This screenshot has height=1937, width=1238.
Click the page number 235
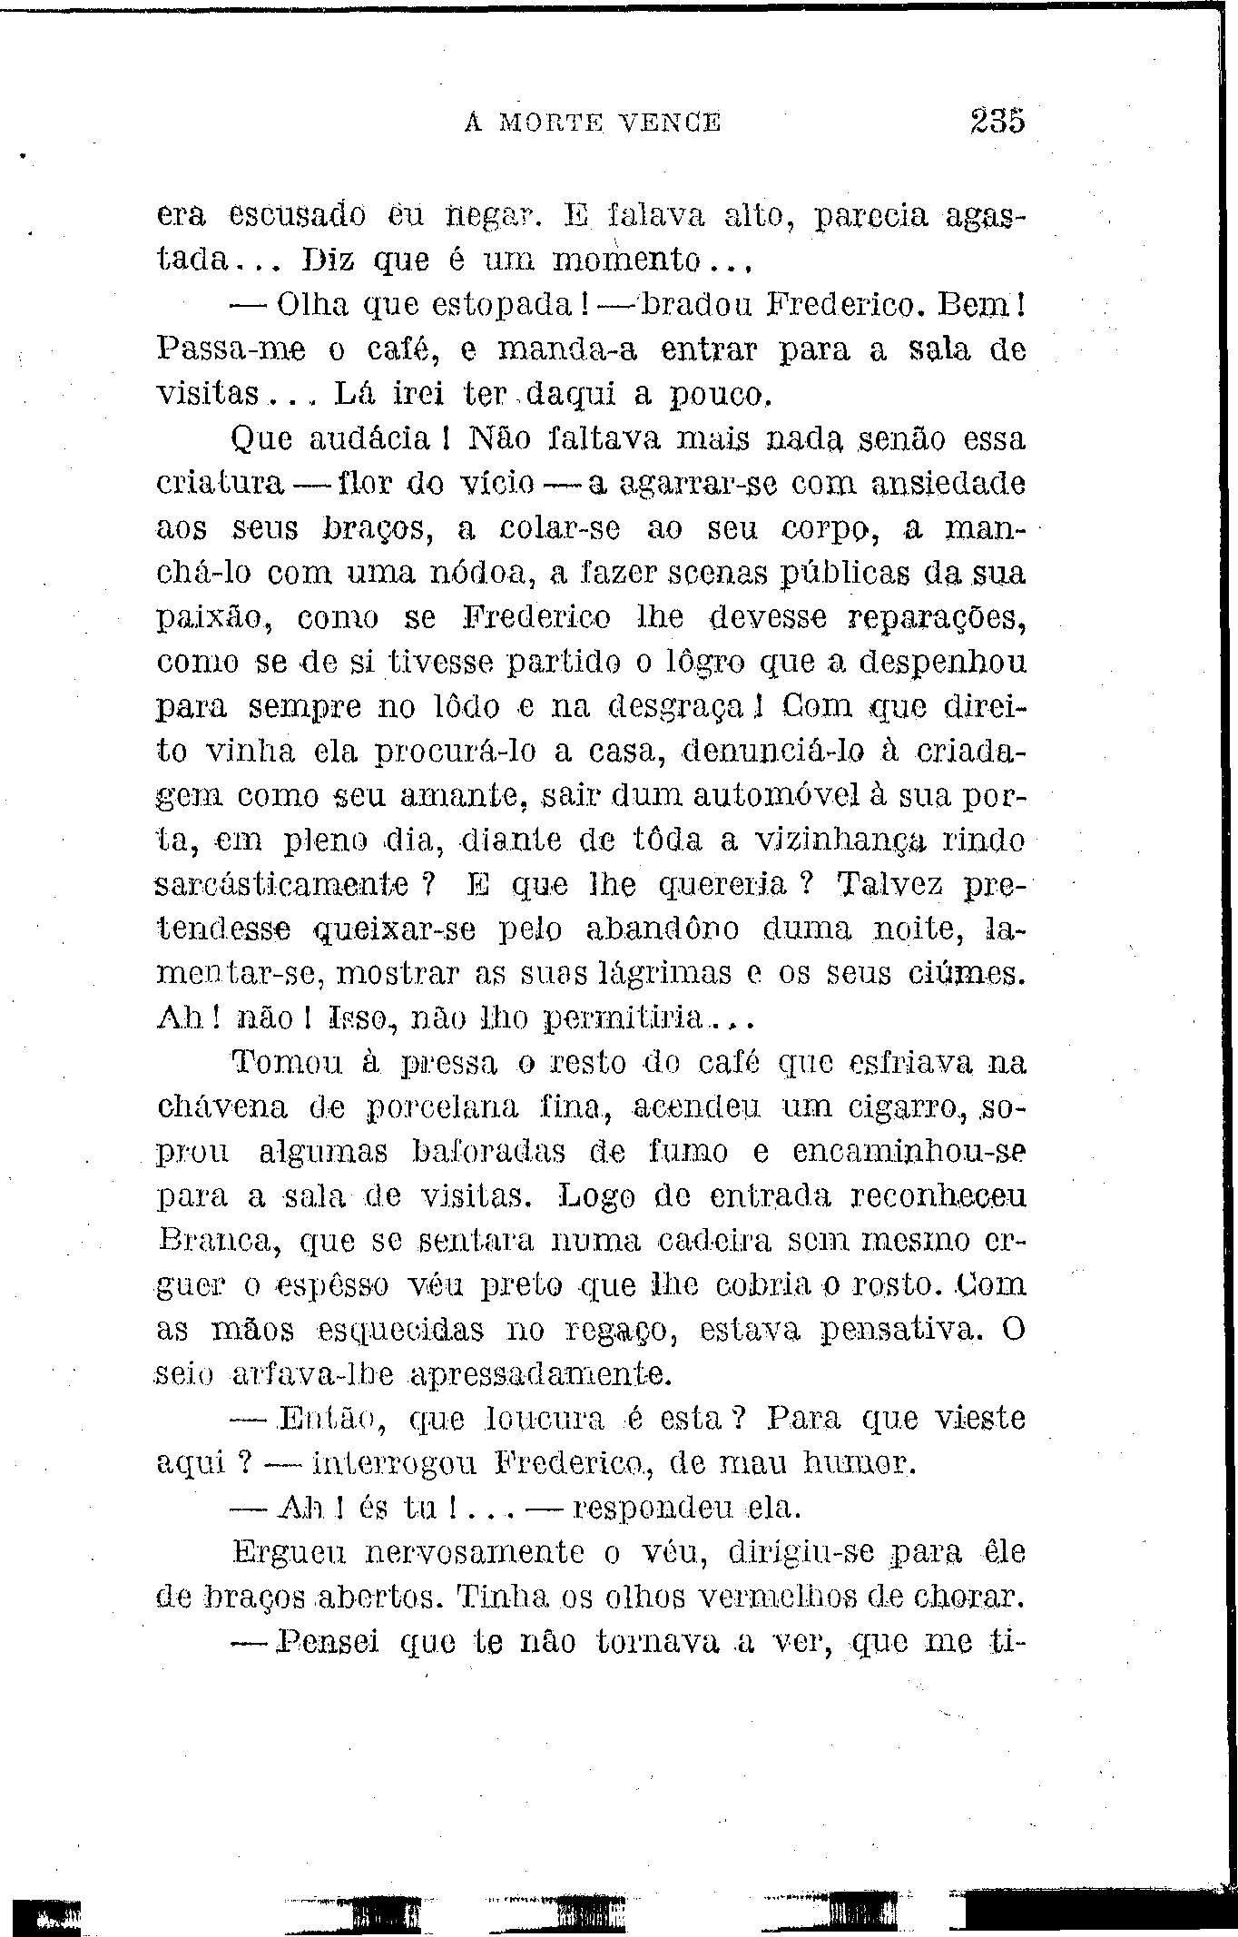[996, 121]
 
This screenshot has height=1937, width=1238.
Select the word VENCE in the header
[673, 122]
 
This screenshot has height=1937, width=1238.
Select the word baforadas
[488, 1153]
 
